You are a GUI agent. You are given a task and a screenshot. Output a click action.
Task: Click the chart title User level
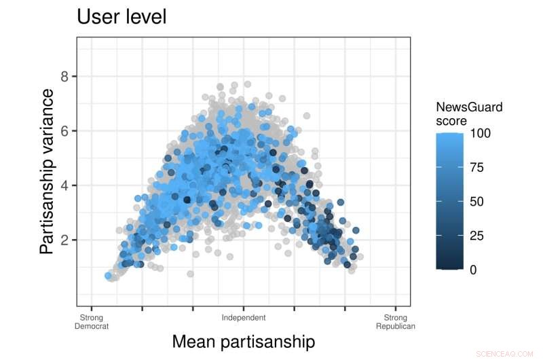[x=121, y=17]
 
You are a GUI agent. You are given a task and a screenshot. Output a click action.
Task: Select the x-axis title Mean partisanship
[x=243, y=341]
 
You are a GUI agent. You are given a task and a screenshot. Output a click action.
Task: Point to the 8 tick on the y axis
[x=64, y=76]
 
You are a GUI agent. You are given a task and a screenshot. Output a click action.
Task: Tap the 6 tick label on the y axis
[x=64, y=130]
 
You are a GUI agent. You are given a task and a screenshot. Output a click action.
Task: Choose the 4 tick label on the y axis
[x=64, y=185]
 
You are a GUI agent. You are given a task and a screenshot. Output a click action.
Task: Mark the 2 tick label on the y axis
[x=64, y=240]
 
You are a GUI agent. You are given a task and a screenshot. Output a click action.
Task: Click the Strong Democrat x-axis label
[x=92, y=321]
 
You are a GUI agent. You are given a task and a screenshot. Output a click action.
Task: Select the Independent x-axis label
[x=244, y=317]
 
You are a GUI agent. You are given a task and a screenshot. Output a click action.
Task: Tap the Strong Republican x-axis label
[x=396, y=321]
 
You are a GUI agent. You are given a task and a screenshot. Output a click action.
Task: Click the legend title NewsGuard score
[x=469, y=113]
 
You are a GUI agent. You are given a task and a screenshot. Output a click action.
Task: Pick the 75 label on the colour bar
[x=477, y=167]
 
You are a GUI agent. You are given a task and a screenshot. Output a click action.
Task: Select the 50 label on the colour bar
[x=477, y=202]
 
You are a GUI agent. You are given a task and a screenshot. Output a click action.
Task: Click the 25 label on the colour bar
[x=477, y=236]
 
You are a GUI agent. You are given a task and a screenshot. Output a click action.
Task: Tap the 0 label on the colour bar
[x=474, y=270]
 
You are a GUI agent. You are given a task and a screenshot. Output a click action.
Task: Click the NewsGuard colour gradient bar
[x=450, y=202]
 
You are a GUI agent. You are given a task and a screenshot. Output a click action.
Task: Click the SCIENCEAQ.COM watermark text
[x=506, y=354]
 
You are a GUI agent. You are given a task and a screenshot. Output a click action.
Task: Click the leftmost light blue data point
[x=109, y=276]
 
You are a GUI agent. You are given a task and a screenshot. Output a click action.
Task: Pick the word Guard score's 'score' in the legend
[x=451, y=121]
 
